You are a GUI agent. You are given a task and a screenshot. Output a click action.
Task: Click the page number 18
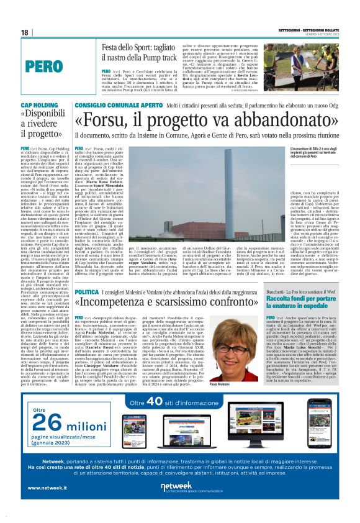coord(25,32)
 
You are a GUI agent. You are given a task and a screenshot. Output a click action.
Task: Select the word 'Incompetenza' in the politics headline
coord(117,304)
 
